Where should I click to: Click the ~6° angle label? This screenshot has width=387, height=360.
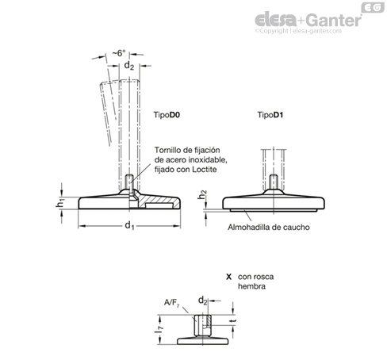pyautogui.click(x=119, y=53)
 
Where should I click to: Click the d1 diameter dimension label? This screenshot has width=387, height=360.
pyautogui.click(x=129, y=226)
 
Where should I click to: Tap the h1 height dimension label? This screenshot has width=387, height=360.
pyautogui.click(x=60, y=203)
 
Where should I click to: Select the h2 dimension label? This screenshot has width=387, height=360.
pyautogui.click(x=202, y=195)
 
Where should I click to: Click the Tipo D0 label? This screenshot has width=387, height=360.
pyautogui.click(x=167, y=115)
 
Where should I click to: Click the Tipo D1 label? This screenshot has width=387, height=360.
pyautogui.click(x=270, y=115)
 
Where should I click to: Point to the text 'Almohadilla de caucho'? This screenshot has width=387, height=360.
pyautogui.click(x=269, y=228)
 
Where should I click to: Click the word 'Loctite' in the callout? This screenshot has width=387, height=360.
pyautogui.click(x=205, y=170)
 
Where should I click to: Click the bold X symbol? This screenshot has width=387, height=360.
pyautogui.click(x=228, y=277)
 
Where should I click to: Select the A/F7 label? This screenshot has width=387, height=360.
pyautogui.click(x=172, y=303)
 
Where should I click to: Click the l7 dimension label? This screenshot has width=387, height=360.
pyautogui.click(x=159, y=329)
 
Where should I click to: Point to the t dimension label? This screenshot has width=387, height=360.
pyautogui.click(x=233, y=321)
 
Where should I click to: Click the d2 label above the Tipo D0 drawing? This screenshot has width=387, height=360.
pyautogui.click(x=129, y=65)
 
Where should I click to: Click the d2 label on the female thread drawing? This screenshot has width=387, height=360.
pyautogui.click(x=203, y=301)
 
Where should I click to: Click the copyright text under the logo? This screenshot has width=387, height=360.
pyautogui.click(x=298, y=31)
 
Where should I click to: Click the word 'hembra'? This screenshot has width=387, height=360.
pyautogui.click(x=251, y=286)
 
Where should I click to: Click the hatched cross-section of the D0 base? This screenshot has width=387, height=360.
pyautogui.click(x=156, y=200)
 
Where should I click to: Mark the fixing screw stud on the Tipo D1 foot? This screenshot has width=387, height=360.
pyautogui.click(x=274, y=182)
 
